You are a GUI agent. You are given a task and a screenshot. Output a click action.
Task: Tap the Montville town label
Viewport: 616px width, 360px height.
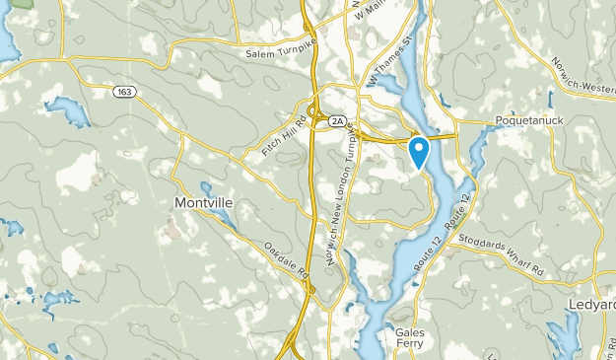(204, 203)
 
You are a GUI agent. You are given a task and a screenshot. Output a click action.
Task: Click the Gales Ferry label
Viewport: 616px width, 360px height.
(410, 338)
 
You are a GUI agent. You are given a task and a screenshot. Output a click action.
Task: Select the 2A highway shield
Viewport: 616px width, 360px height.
(337, 120)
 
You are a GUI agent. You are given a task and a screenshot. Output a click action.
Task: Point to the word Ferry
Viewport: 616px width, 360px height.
(411, 344)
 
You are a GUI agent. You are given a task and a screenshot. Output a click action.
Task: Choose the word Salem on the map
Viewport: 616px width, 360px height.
(257, 51)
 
